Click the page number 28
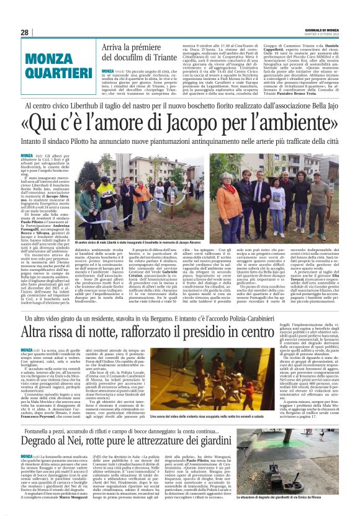(x=24, y=32)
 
